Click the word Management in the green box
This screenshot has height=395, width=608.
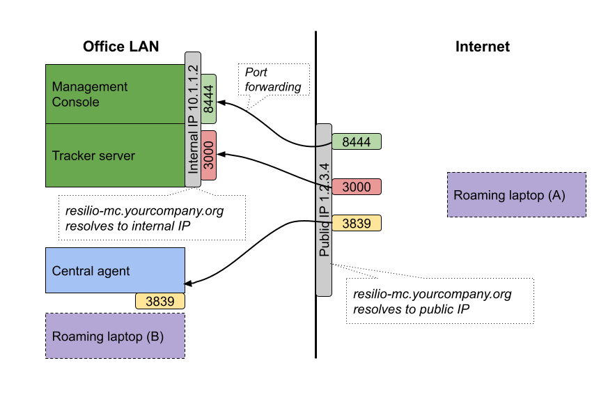(x=90, y=87)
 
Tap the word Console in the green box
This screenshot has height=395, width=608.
(x=76, y=102)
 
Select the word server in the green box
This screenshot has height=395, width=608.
(x=117, y=156)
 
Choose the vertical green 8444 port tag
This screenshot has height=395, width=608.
(x=208, y=99)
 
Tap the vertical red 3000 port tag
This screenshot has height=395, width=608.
(x=208, y=155)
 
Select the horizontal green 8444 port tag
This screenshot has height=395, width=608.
(x=357, y=142)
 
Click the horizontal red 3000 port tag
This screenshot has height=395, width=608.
(x=357, y=187)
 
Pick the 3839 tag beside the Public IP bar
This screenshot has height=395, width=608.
(x=357, y=224)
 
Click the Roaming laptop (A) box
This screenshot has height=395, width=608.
(x=516, y=195)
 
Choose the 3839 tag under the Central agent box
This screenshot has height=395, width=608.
(x=159, y=301)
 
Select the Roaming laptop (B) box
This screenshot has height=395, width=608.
(x=115, y=336)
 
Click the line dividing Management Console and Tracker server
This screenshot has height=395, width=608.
(x=114, y=124)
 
